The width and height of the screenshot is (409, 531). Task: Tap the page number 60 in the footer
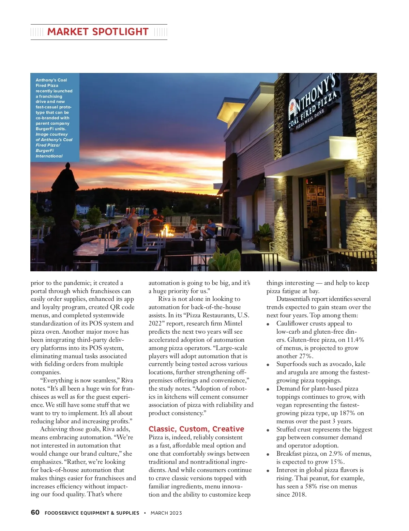(35, 512)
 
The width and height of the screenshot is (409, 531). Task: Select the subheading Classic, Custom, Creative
(196, 429)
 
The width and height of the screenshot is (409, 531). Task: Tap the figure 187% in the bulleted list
(347, 413)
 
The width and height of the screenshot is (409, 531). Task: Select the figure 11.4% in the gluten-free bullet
(355, 340)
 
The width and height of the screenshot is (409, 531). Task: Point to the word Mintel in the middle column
(233, 323)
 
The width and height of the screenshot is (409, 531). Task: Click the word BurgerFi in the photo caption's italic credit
(45, 151)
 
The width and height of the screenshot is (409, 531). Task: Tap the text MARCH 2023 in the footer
(166, 513)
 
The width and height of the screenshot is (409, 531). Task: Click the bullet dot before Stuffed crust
(268, 430)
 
